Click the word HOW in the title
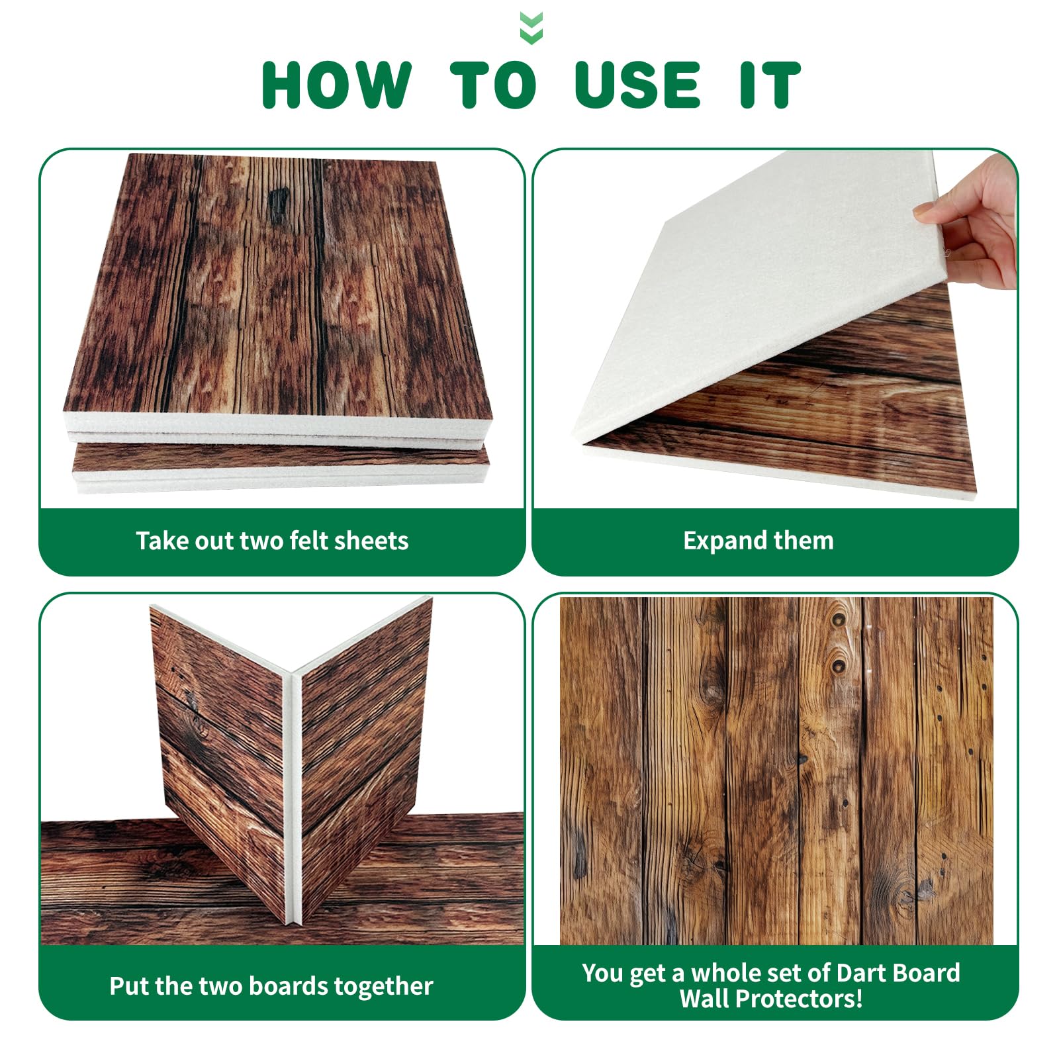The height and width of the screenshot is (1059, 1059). coord(337,85)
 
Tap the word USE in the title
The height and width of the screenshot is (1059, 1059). coord(638,85)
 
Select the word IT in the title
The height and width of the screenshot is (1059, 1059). coord(770,85)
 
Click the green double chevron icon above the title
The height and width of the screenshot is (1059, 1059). coord(531,28)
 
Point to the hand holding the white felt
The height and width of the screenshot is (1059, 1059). coord(973,222)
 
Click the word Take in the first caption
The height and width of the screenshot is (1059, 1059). coord(161,541)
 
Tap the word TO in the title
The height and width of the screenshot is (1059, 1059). coord(493,85)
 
